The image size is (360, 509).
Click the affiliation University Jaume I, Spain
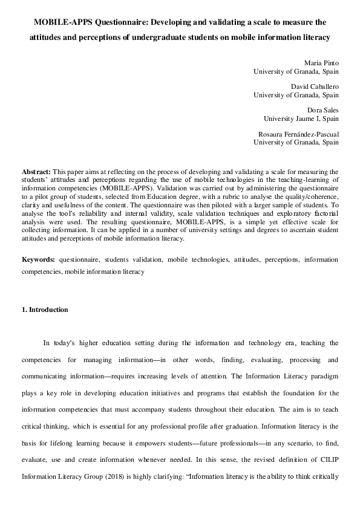301,118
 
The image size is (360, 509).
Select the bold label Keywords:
38,259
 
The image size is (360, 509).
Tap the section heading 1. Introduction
45,310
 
